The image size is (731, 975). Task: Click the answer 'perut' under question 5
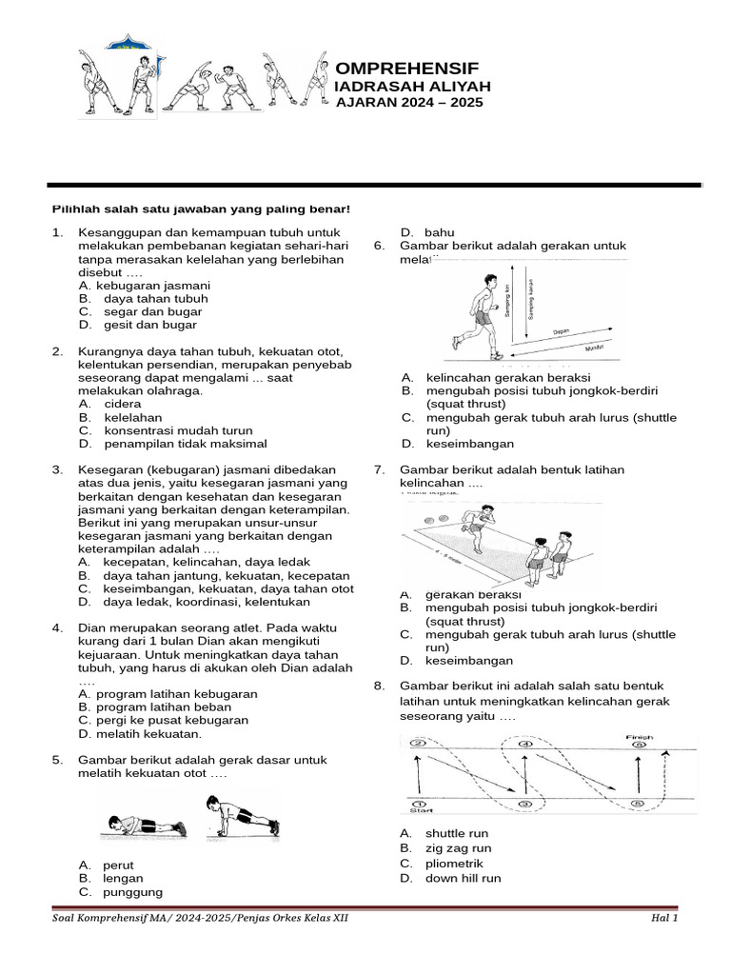tap(119, 865)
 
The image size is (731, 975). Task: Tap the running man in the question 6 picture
tap(478, 314)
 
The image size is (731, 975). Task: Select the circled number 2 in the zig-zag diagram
tap(416, 744)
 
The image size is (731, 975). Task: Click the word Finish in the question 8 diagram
tap(639, 735)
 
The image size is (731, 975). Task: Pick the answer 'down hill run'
tap(463, 878)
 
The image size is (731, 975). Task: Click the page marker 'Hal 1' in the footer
tap(663, 920)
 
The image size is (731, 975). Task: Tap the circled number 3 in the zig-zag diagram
tap(524, 804)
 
